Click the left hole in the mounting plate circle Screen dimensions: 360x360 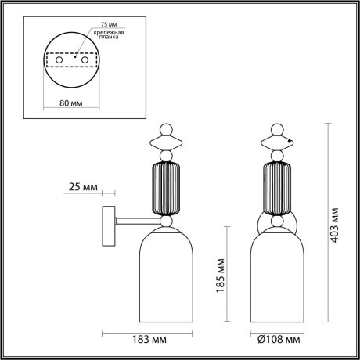point(56,60)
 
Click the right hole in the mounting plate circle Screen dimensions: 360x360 point(85,60)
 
